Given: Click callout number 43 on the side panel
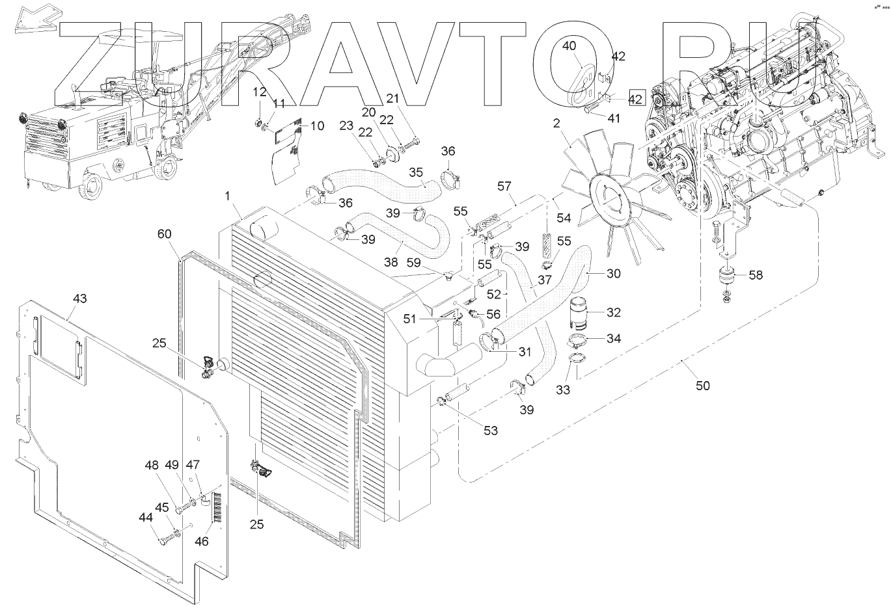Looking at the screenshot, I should pos(79,298).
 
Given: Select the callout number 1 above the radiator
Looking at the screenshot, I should pos(228,195).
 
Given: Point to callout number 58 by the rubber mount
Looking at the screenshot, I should pos(756,275).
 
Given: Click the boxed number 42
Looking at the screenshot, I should pos(636,99).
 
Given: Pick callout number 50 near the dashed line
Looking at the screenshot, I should pos(702,386).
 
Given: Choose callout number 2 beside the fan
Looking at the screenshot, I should pos(556,123).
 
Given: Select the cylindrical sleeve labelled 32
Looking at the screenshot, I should pos(581,313).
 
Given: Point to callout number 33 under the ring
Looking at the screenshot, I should pos(563,390).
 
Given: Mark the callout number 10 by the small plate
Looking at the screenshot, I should pos(316,126).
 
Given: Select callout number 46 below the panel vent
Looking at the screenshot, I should pos(202,540).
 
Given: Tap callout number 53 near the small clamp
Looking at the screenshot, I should pos(489,431).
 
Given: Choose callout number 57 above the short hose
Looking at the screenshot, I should pos(504,187).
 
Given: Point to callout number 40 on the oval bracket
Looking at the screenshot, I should pos(569,46).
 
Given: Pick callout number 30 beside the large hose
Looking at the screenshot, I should pos(613,274).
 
